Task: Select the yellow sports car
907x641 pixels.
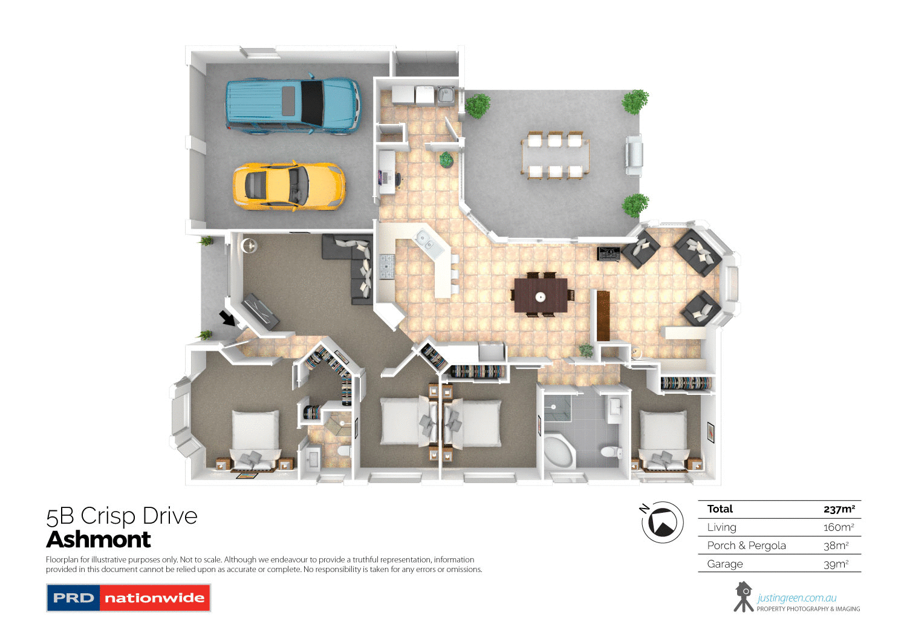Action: click(x=288, y=186)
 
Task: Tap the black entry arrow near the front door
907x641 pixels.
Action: click(x=227, y=317)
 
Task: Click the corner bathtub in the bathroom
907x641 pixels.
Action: click(x=559, y=451)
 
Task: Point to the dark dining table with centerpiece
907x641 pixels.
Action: click(x=541, y=295)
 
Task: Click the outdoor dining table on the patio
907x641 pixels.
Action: click(x=555, y=156)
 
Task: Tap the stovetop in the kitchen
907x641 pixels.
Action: click(x=386, y=267)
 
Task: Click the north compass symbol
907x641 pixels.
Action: click(x=662, y=522)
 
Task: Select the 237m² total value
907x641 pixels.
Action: click(x=839, y=509)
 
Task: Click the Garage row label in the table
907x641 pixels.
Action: click(x=724, y=564)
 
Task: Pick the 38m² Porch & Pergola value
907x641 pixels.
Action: click(x=836, y=545)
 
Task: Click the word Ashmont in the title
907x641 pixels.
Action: click(x=99, y=539)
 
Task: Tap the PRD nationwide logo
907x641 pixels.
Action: click(x=128, y=597)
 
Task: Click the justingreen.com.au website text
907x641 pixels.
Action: click(x=796, y=598)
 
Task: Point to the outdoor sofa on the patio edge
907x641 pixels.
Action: click(x=633, y=155)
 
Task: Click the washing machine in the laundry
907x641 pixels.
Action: click(x=425, y=95)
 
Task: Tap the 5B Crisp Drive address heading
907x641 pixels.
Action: click(x=122, y=516)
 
